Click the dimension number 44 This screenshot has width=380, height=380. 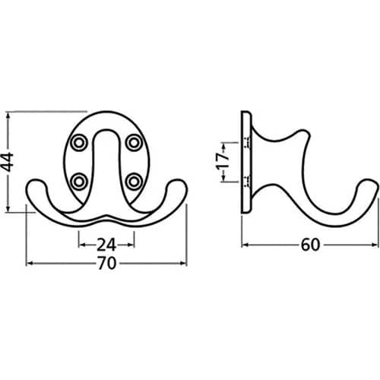(8, 162)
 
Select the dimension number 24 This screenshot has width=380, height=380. (106, 245)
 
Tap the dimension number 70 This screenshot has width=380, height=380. (106, 263)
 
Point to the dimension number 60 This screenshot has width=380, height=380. (311, 245)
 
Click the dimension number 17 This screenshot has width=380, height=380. (223, 162)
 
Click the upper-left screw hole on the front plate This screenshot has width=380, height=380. (79, 143)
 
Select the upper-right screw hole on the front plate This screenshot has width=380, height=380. (133, 143)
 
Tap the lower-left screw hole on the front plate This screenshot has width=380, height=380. (79, 182)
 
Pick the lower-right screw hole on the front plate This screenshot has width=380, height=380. (134, 182)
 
